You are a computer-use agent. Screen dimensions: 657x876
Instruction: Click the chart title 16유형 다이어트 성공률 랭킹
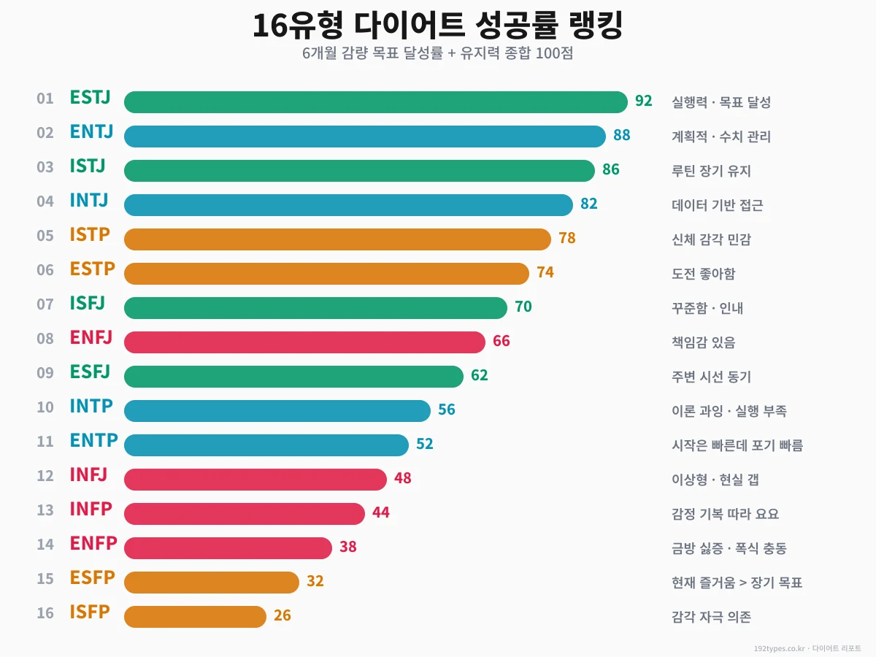[x=437, y=26]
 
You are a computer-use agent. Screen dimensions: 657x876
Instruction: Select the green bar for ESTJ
[x=375, y=102]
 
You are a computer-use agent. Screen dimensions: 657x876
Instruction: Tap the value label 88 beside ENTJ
[x=621, y=135]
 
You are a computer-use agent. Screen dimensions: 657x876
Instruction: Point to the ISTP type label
[x=90, y=235]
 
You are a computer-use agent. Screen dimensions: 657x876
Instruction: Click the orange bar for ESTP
[x=326, y=274]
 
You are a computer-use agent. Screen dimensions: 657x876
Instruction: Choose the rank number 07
[x=45, y=304]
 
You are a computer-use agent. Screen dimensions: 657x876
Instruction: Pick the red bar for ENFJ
[x=304, y=342]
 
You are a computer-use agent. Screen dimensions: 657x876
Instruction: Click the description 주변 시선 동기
[x=711, y=377]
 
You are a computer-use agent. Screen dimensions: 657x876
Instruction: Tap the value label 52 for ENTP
[x=424, y=444]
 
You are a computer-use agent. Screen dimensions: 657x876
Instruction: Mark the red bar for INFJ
[x=255, y=480]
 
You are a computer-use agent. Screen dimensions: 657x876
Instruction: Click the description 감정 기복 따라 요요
[x=725, y=514]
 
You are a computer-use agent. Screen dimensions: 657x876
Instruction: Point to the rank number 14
[x=45, y=545]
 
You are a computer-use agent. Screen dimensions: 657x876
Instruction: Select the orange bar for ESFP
[x=212, y=582]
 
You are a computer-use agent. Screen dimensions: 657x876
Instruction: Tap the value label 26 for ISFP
[x=282, y=615]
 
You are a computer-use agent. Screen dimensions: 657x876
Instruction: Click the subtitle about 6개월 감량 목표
[x=437, y=54]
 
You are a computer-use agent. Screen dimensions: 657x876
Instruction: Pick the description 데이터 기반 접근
[x=717, y=205]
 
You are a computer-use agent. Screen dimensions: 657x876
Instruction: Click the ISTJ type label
[x=88, y=166]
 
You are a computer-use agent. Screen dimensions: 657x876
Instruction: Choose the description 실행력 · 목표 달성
[x=721, y=102]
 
